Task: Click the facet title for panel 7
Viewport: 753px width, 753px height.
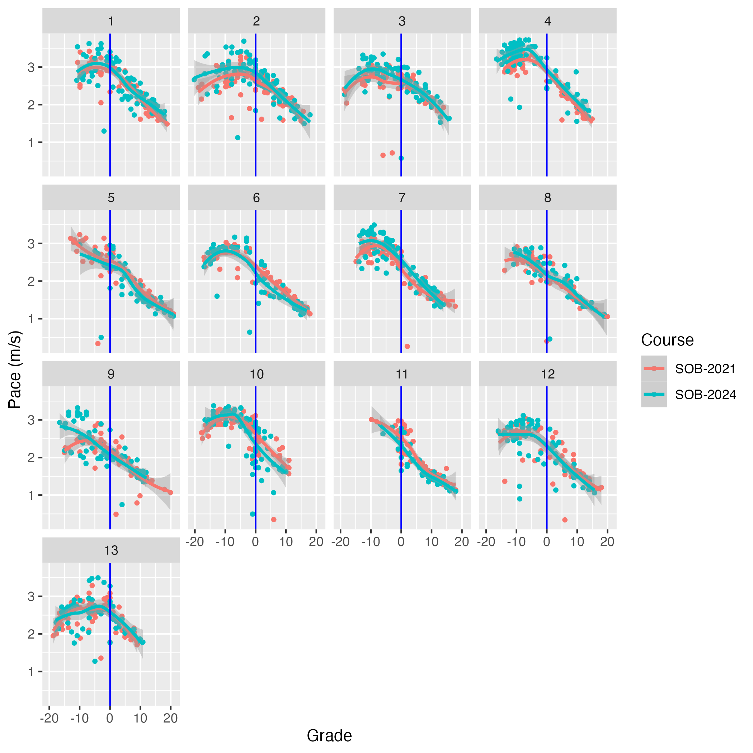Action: tap(402, 198)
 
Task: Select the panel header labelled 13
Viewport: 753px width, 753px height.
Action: tap(111, 550)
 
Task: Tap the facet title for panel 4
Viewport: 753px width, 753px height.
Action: tap(547, 21)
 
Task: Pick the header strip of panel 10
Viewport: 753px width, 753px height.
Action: tap(256, 374)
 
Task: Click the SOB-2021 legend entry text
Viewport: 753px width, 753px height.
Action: tap(705, 369)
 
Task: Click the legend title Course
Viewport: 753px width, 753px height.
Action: tap(667, 340)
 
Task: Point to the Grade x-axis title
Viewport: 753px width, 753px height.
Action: tap(329, 736)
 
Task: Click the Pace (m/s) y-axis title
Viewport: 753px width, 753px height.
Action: tap(15, 370)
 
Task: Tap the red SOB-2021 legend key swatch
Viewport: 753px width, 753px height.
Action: tap(654, 368)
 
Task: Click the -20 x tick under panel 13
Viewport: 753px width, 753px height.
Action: tap(49, 718)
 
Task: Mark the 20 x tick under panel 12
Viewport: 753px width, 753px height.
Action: tap(607, 542)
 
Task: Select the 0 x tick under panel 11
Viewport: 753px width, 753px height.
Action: tap(401, 542)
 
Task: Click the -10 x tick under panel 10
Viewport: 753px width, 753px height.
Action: tap(225, 542)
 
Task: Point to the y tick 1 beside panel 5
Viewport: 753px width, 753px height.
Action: tap(31, 319)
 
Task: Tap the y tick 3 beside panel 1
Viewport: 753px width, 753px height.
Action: tap(31, 67)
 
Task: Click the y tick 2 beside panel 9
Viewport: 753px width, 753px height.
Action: tap(31, 457)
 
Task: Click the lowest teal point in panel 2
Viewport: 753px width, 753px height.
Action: tap(238, 138)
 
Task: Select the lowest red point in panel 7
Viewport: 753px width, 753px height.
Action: tap(407, 346)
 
